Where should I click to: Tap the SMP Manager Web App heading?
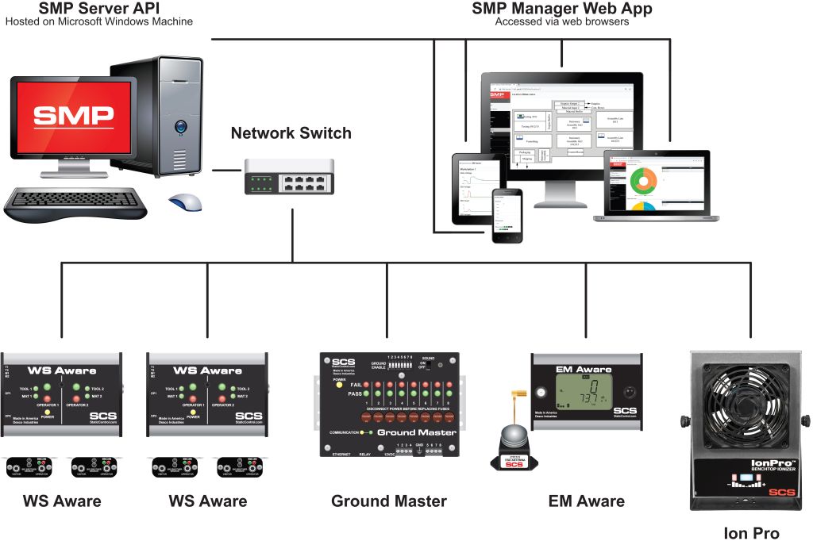point(562,9)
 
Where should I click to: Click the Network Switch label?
point(291,133)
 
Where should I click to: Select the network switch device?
point(290,175)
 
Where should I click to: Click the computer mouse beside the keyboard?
point(184,201)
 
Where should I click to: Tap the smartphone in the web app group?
point(506,215)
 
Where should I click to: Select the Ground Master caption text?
point(388,501)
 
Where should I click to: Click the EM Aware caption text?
point(586,501)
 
